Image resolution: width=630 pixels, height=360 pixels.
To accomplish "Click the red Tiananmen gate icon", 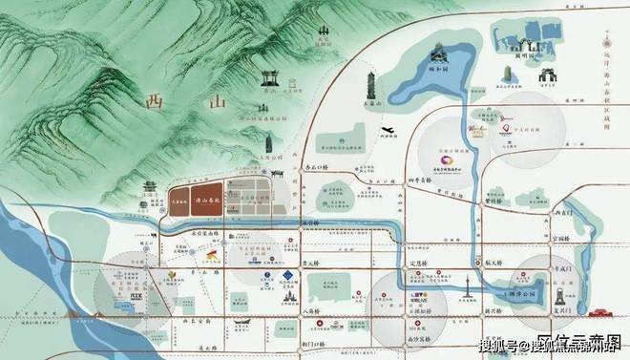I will (601, 310).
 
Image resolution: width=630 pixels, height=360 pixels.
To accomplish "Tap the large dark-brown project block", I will (191, 201).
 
